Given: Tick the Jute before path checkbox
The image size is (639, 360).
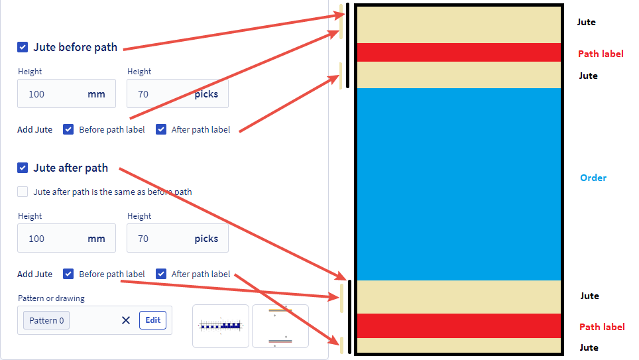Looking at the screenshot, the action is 23,47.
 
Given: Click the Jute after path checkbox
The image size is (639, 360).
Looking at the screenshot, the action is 23,168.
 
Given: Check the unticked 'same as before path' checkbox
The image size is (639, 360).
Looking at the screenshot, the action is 23,192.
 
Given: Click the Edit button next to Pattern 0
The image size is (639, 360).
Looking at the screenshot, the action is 152,320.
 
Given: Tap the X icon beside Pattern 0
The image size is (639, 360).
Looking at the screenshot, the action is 126,320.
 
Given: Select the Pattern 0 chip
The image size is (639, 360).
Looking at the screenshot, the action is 46,320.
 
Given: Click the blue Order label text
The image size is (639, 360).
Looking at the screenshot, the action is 593,178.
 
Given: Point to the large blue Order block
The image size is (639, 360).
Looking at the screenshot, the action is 459,184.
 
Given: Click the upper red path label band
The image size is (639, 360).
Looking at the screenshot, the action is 459,52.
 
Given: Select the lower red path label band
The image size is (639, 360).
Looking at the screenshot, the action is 459,326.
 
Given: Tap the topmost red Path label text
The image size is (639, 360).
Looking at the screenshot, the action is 601,54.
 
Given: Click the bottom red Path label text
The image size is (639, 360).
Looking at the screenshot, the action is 602,327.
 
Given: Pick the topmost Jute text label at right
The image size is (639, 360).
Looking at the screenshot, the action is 586,22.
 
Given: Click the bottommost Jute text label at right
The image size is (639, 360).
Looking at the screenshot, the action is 589,347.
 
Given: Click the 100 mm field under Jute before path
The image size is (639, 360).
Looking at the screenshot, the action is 66,94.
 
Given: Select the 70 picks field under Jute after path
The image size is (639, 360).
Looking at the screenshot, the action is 177,239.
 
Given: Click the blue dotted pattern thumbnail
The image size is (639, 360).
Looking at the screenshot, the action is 221,326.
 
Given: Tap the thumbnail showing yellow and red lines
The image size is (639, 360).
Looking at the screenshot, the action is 280,326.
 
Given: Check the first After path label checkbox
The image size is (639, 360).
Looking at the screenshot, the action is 161,129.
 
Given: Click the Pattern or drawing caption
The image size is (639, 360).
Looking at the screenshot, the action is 51,298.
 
